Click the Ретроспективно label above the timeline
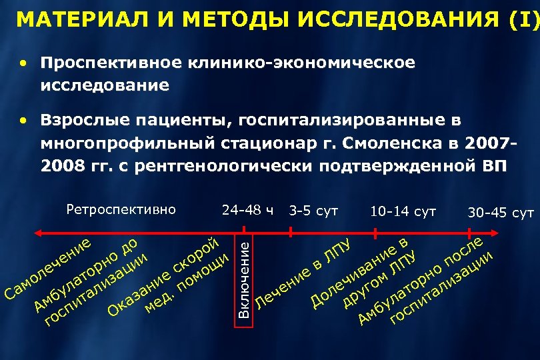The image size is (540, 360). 121,210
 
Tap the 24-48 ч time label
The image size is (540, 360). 247,211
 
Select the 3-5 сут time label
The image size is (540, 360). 313,211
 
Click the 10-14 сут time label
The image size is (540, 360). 403,212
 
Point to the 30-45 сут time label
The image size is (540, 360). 501,213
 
